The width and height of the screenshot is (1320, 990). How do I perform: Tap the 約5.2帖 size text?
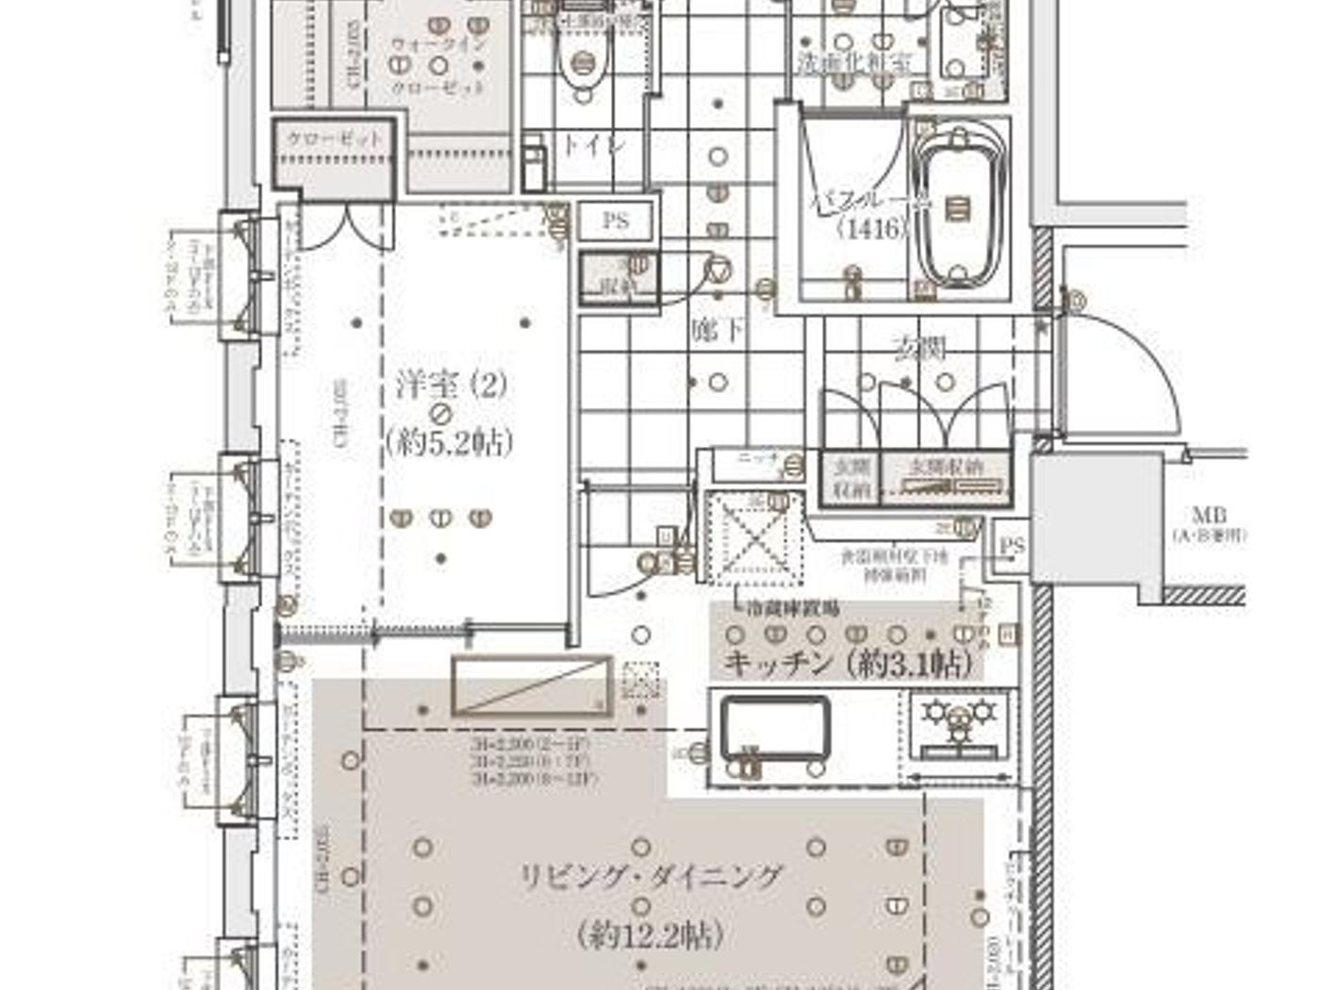point(450,441)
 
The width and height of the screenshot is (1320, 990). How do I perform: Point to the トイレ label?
point(594,146)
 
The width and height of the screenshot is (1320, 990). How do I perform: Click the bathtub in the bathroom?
point(959,207)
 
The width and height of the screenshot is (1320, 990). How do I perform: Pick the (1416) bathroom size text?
point(872,228)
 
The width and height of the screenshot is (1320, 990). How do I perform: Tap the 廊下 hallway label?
point(718,330)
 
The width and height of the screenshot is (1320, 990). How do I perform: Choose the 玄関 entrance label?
point(919,349)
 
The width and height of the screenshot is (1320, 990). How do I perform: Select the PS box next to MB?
point(1012,547)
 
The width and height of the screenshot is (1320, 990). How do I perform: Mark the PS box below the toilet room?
point(616,221)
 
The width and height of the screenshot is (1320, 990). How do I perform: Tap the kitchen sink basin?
point(775,728)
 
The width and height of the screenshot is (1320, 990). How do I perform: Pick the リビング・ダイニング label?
point(651,878)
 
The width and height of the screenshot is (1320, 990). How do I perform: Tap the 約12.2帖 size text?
point(651,935)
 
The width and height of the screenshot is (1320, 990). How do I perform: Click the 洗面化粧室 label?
point(855,64)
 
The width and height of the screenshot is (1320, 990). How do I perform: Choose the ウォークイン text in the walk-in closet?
point(438,44)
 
